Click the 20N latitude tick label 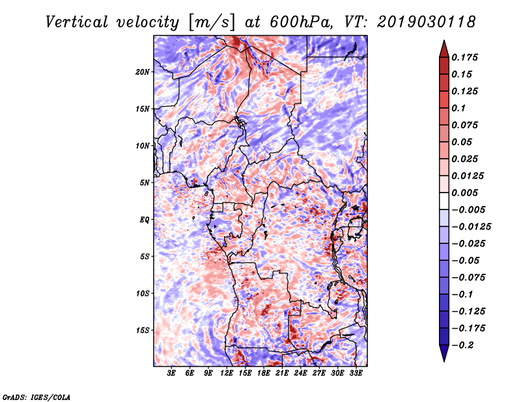tap(143, 72)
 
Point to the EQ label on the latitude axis tap(144, 220)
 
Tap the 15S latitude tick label tap(143, 330)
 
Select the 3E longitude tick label tap(171, 373)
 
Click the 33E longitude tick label tap(356, 373)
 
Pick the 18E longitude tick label tap(264, 373)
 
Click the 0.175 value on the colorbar tap(464, 57)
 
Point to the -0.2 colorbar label tap(462, 345)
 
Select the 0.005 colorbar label tap(464, 193)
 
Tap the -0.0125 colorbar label tap(471, 227)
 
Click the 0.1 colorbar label tap(458, 108)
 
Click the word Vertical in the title tap(77, 22)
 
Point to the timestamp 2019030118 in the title tap(427, 22)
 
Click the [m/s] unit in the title tap(211, 23)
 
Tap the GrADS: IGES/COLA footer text tap(36, 397)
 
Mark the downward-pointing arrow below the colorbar tap(444, 353)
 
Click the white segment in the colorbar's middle tap(444, 201)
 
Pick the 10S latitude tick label tap(143, 293)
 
